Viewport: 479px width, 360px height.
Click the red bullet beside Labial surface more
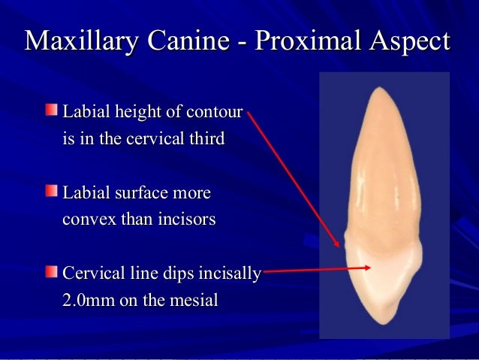coord(50,192)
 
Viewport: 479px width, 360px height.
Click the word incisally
coord(228,272)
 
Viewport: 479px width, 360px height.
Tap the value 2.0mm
coord(89,300)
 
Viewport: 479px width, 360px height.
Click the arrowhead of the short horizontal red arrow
coord(367,267)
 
